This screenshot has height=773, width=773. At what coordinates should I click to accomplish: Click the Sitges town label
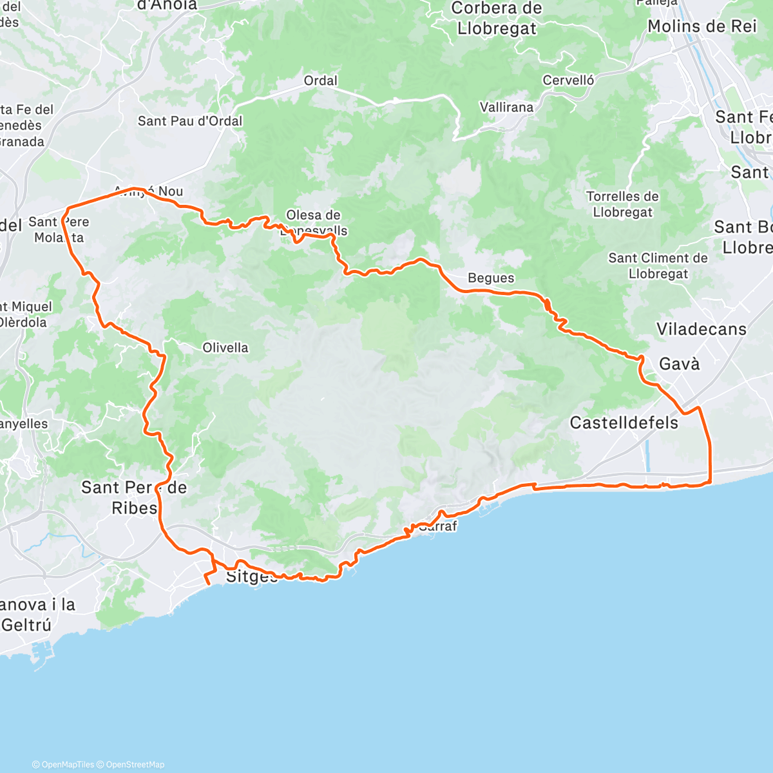point(251,576)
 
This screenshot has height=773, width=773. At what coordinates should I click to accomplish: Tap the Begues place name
point(491,278)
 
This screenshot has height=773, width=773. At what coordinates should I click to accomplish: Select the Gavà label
point(679,364)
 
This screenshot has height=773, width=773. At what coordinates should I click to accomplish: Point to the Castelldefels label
point(624,423)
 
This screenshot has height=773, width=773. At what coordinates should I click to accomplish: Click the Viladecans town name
point(701,329)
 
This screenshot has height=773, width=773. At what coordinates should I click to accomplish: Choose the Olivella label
point(225,348)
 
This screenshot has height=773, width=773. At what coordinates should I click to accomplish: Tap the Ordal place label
point(320,81)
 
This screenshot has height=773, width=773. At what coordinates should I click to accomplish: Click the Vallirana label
point(506,108)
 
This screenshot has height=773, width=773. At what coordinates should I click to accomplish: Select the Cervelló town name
point(568,81)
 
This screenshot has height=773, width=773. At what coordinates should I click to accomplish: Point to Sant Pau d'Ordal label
point(190,121)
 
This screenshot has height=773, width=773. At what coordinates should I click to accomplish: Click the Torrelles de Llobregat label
point(622,204)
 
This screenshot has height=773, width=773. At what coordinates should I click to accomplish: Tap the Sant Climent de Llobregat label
point(658,266)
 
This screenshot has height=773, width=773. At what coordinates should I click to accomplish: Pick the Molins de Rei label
point(701,26)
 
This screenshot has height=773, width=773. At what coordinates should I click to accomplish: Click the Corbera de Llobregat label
point(497,19)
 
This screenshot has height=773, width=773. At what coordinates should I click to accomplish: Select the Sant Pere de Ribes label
point(133,497)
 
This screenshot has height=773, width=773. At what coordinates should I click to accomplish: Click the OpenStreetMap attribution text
point(135,765)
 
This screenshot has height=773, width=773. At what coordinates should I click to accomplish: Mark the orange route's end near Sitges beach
point(208,584)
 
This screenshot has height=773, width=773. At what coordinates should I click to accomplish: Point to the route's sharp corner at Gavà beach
point(709,482)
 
